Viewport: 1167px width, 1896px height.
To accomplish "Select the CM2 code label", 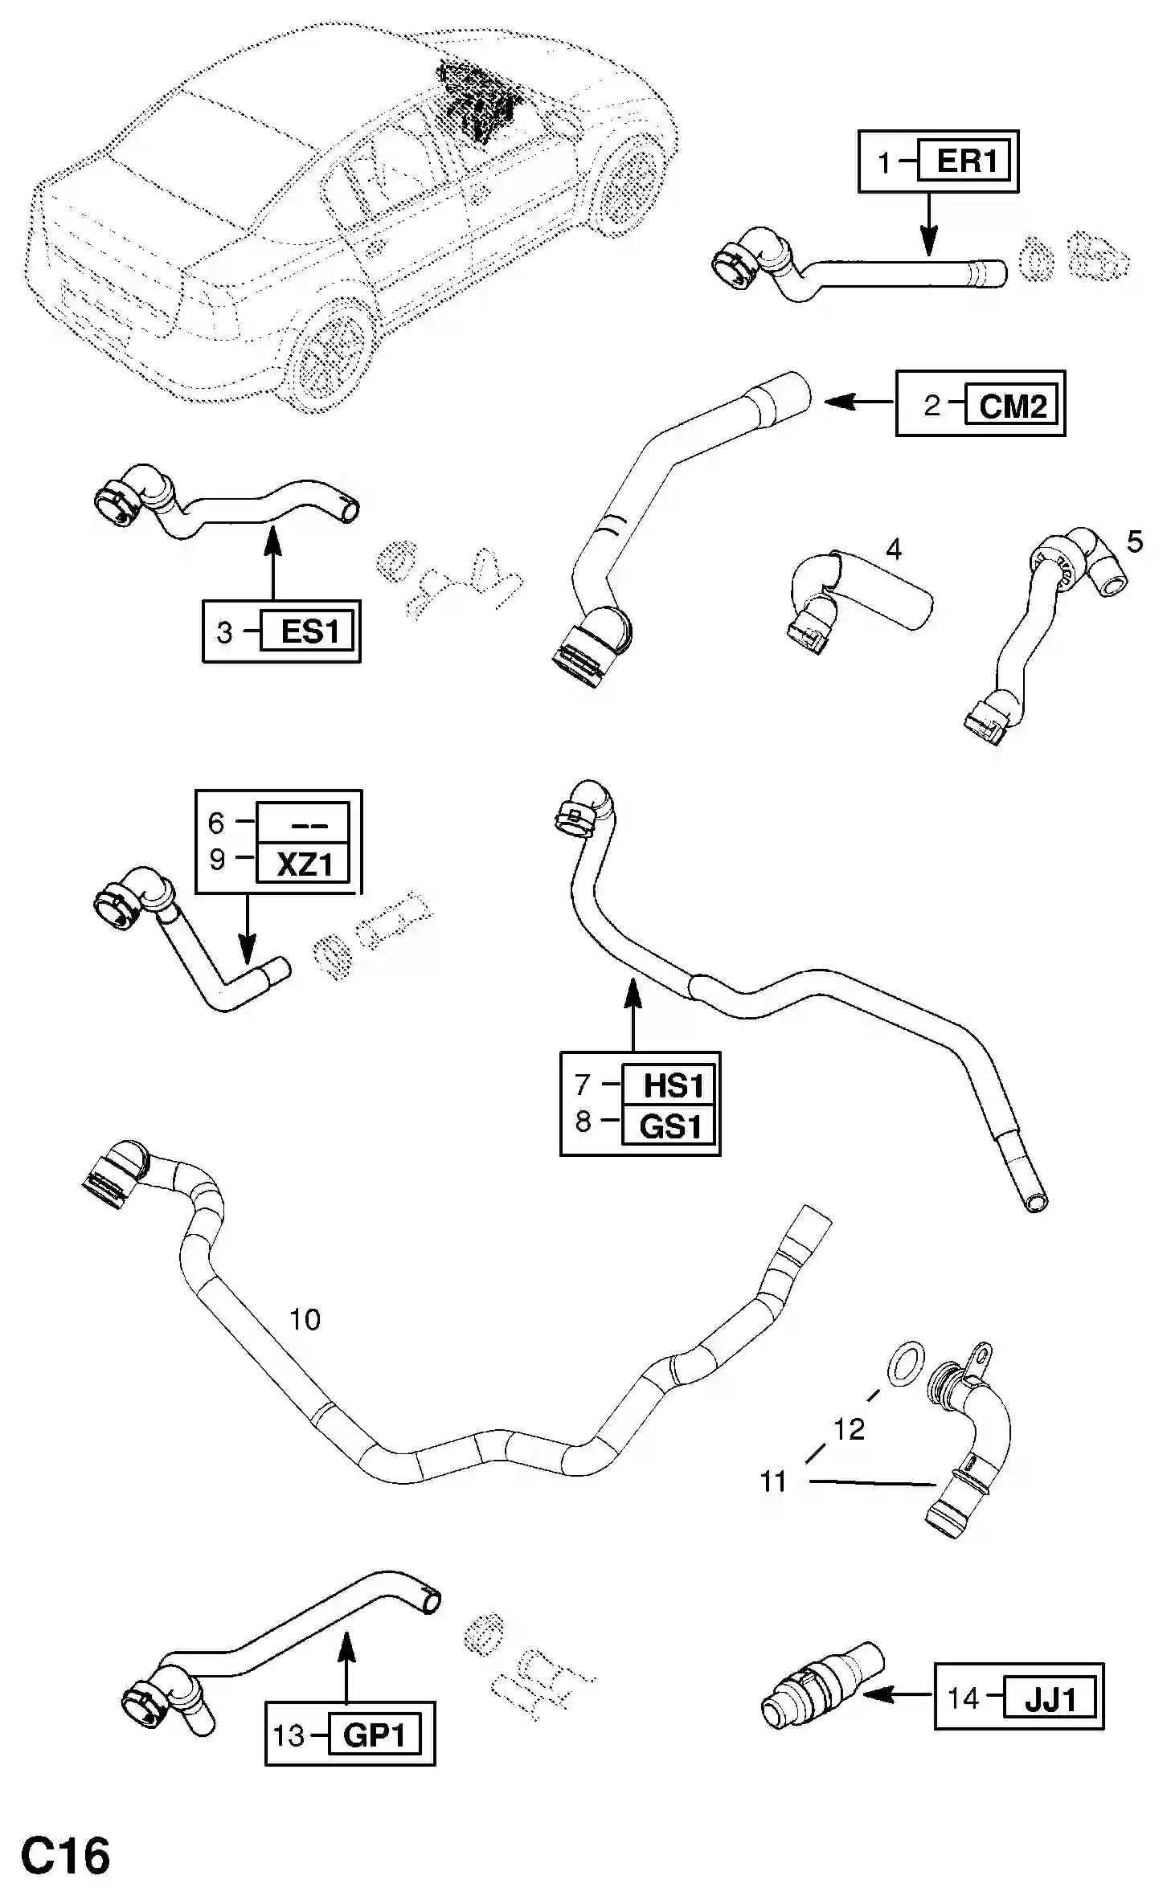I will click(1012, 406).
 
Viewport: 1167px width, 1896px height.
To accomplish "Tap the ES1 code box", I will click(310, 631).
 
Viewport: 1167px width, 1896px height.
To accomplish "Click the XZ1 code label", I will click(303, 864).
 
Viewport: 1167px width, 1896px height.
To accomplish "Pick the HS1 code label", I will click(672, 1086).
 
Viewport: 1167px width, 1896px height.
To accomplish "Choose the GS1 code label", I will click(670, 1126).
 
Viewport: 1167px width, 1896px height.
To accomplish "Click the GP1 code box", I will click(374, 1736).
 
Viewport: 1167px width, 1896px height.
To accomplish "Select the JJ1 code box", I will click(1050, 1699).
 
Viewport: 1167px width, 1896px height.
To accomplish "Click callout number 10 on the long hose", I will click(305, 1319).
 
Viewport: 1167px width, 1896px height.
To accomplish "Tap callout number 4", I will click(893, 550).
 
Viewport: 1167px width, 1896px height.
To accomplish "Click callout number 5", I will click(1134, 542).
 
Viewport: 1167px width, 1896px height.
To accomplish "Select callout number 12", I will click(849, 1428).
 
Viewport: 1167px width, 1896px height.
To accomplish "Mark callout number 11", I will click(773, 1481).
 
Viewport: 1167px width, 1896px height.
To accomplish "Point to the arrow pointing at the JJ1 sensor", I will click(896, 1694).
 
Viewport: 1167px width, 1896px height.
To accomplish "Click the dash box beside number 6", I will click(303, 823).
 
